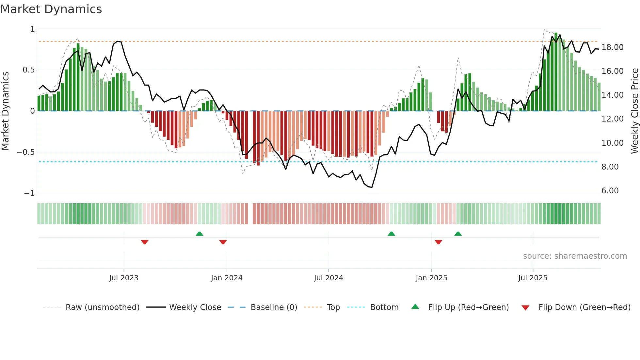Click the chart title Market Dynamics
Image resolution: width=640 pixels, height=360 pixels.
51,9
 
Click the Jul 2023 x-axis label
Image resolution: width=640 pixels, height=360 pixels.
124,278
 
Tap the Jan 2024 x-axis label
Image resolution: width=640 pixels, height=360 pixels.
227,278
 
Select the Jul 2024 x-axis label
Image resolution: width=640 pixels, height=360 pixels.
328,278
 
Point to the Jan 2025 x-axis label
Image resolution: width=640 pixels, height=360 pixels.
431,278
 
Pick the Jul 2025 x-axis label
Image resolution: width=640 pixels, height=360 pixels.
533,278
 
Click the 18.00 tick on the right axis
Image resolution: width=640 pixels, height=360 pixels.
613,47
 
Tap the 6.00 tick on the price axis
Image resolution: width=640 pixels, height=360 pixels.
610,191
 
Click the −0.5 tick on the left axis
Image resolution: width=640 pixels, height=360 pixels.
26,152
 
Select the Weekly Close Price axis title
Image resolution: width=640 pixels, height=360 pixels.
634,111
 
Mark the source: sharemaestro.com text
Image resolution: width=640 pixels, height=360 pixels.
575,256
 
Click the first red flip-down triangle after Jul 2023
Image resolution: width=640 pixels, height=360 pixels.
145,242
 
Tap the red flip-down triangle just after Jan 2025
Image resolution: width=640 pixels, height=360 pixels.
439,242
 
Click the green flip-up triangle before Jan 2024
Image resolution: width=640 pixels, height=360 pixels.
200,234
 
